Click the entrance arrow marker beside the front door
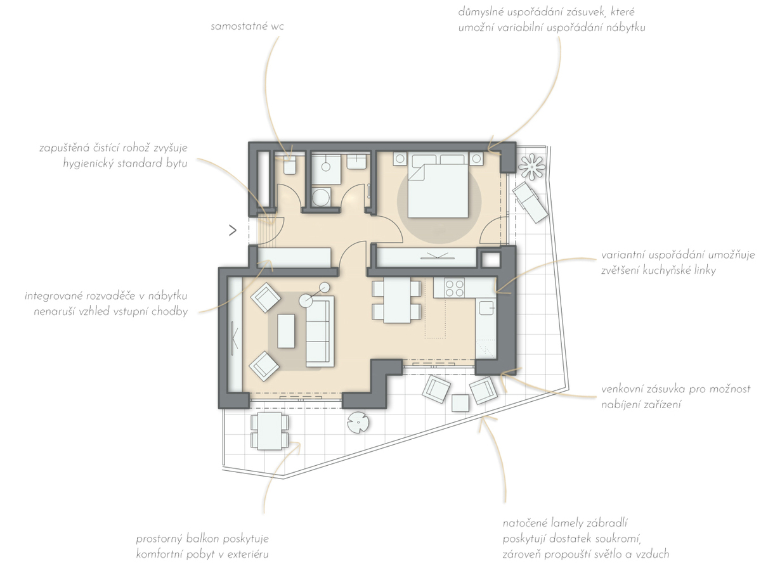coord(233,231)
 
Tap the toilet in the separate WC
coord(289,165)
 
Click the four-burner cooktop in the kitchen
coord(455,288)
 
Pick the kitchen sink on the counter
coord(486,307)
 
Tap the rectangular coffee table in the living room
coord(287,331)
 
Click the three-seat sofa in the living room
coord(320,331)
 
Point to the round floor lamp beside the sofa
coord(306,301)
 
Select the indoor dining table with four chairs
coord(397,300)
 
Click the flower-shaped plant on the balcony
coord(531,166)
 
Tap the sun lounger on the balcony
coord(530,202)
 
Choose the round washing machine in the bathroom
coord(321,198)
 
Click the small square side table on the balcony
coord(460,403)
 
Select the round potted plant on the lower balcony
coord(358,423)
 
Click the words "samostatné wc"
coord(247,27)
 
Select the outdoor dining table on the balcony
coord(270,432)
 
